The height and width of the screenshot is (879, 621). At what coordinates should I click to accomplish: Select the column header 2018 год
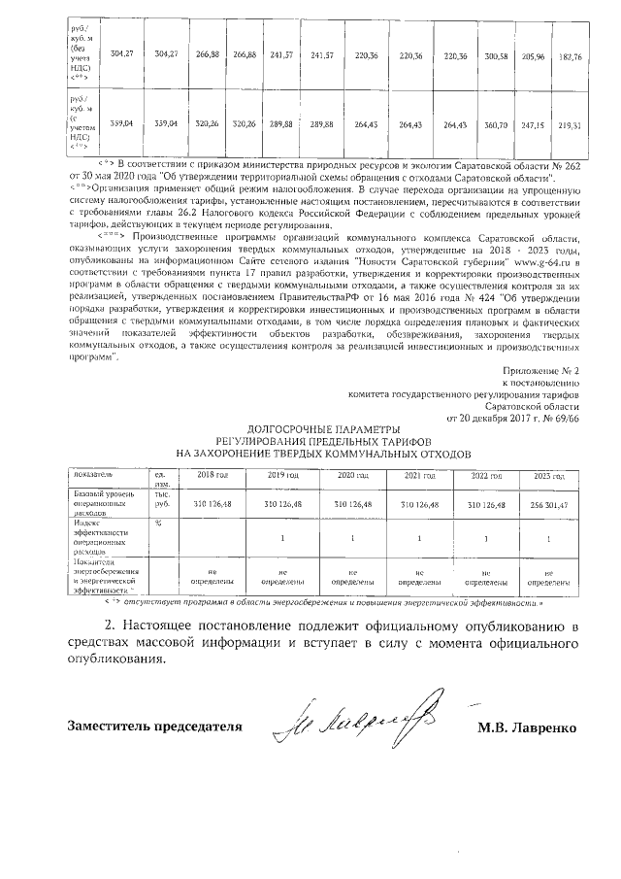point(212,475)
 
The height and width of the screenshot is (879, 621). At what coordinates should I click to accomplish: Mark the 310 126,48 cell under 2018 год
point(212,505)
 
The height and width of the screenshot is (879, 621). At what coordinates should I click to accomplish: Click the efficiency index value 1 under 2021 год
point(419,537)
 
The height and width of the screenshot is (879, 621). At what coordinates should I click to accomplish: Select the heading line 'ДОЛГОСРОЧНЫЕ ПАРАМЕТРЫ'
point(323,428)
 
